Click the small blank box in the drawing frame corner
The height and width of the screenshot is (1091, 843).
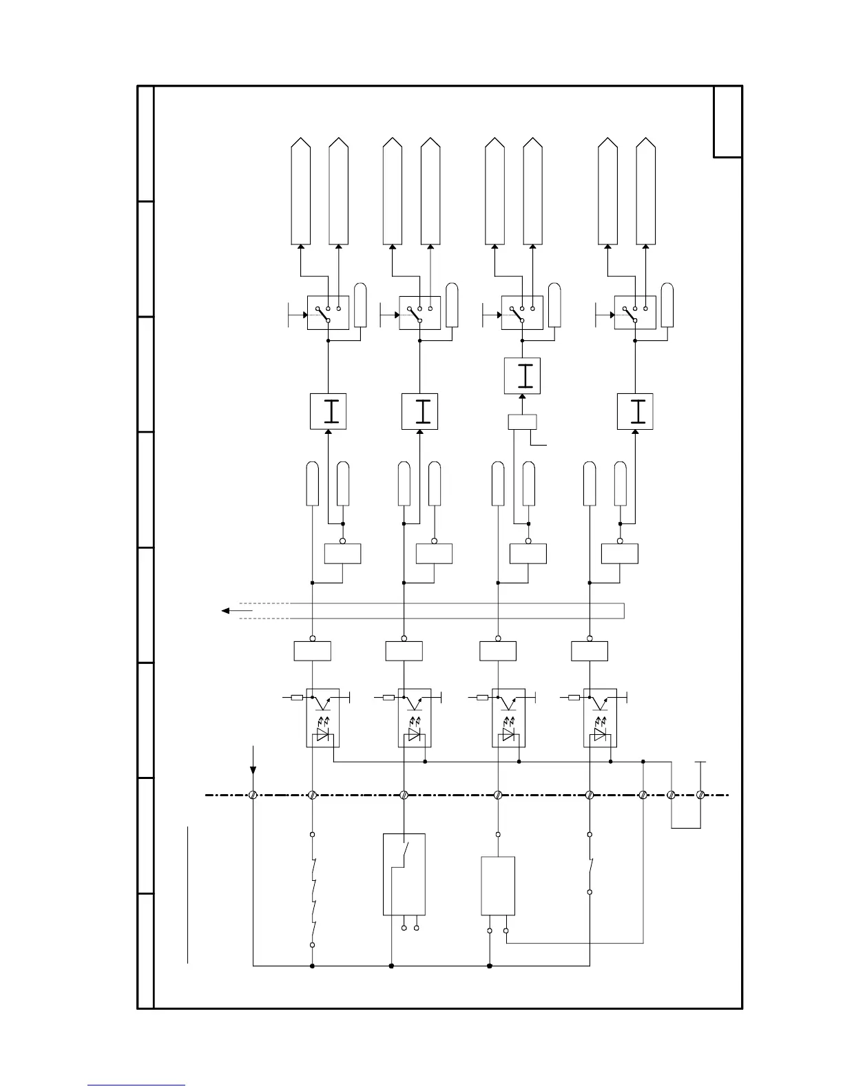727,122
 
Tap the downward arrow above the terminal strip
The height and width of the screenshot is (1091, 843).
253,761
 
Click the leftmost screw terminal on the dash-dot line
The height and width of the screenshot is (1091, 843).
253,795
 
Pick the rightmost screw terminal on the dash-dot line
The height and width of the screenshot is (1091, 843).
700,795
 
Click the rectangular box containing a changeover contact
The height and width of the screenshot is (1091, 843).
404,874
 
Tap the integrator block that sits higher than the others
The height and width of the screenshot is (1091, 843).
522,376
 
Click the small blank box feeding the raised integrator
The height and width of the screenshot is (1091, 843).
522,422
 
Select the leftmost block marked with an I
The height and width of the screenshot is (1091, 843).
328,411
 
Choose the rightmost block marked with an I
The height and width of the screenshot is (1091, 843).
634,411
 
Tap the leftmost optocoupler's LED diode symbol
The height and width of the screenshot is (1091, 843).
322,736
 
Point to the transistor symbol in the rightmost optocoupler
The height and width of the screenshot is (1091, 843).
601,700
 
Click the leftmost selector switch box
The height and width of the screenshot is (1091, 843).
328,313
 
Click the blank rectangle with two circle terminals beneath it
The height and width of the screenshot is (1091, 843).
497,886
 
